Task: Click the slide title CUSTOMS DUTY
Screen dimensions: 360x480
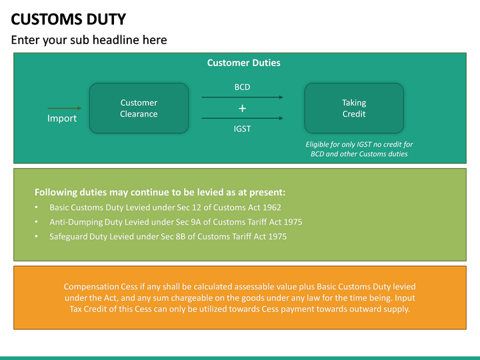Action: [69, 19]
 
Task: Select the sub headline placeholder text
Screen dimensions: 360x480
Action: [89, 40]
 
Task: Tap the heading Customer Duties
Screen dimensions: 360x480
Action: [243, 63]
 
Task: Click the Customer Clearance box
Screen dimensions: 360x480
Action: [139, 108]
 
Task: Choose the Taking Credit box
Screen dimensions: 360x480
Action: [353, 108]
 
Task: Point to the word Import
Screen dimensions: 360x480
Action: [62, 119]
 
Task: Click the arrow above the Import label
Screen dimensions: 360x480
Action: [64, 108]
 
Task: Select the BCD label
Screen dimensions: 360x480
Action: [242, 87]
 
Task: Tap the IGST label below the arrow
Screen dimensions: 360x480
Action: [242, 129]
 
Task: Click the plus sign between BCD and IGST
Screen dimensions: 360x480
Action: [242, 108]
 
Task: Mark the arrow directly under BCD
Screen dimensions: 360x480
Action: [242, 97]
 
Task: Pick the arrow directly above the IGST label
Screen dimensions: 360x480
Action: [242, 119]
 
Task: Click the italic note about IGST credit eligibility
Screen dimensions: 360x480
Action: [359, 149]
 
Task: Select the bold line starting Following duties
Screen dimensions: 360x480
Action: [160, 192]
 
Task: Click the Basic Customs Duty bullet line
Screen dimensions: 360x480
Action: [165, 207]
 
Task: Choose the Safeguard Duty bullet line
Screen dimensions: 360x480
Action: [168, 237]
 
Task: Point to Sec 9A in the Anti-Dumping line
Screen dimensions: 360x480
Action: [177, 222]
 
